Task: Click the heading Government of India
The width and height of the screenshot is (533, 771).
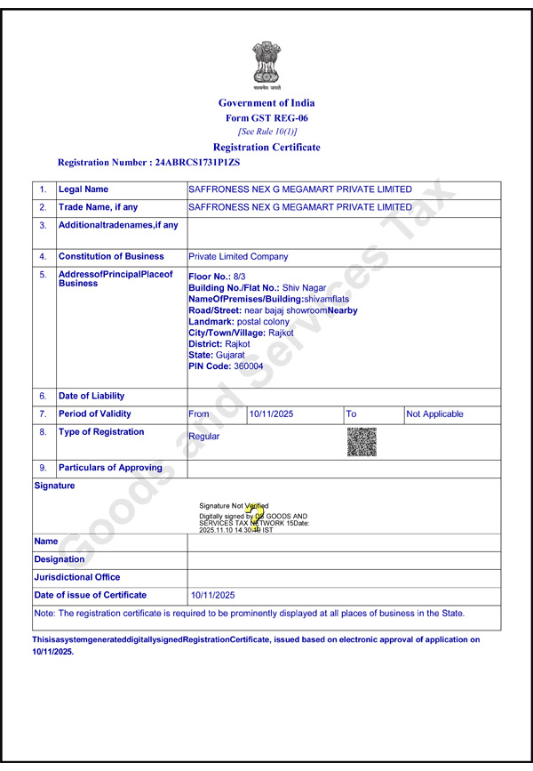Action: pyautogui.click(x=266, y=104)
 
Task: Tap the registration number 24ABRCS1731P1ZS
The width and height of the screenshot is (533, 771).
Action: pyautogui.click(x=197, y=163)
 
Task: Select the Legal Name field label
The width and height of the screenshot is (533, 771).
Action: pyautogui.click(x=84, y=189)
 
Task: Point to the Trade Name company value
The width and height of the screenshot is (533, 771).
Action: pyautogui.click(x=300, y=207)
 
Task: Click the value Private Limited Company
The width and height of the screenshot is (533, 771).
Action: pyautogui.click(x=238, y=257)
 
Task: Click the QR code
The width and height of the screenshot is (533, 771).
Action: pyautogui.click(x=362, y=442)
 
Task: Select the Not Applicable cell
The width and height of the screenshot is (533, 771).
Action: pyautogui.click(x=434, y=414)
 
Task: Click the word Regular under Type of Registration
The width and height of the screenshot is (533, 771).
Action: pyautogui.click(x=204, y=437)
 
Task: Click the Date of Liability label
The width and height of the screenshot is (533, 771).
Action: pyautogui.click(x=91, y=396)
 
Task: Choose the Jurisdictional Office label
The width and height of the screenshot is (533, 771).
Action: pyautogui.click(x=77, y=577)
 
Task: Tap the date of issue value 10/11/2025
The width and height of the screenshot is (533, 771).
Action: pyautogui.click(x=213, y=595)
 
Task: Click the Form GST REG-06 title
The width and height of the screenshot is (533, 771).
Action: pyautogui.click(x=266, y=118)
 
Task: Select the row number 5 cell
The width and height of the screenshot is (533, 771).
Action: pyautogui.click(x=43, y=275)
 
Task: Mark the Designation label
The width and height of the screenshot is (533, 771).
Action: pyautogui.click(x=60, y=559)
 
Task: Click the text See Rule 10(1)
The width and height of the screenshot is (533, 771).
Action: pyautogui.click(x=266, y=132)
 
